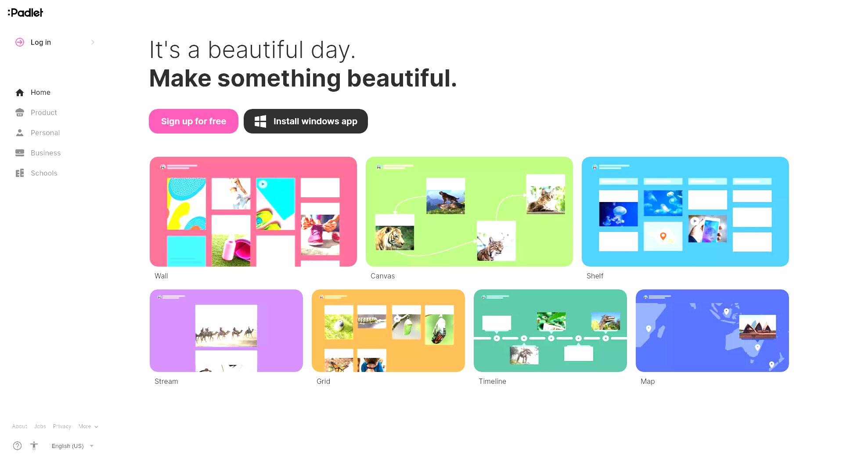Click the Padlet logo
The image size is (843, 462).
coord(25,13)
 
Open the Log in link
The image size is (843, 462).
coord(41,42)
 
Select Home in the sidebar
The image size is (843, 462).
coord(40,92)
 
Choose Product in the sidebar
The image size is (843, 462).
coord(43,112)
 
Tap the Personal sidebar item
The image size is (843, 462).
coord(45,133)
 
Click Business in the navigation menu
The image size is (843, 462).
coord(45,153)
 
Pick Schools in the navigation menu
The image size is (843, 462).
coord(44,173)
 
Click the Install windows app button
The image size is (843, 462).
coord(306,121)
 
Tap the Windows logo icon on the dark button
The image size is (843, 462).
coord(260,121)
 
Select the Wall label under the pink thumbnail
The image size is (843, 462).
coord(161,276)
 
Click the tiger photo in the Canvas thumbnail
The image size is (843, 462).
coord(395,238)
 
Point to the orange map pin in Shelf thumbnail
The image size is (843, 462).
coord(663,236)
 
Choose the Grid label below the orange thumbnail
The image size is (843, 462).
coord(323,381)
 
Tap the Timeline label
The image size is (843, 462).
coord(492,381)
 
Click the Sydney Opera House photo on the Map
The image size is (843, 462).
coord(758,327)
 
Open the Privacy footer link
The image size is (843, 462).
coord(62,426)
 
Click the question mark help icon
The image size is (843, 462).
coord(18,446)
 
